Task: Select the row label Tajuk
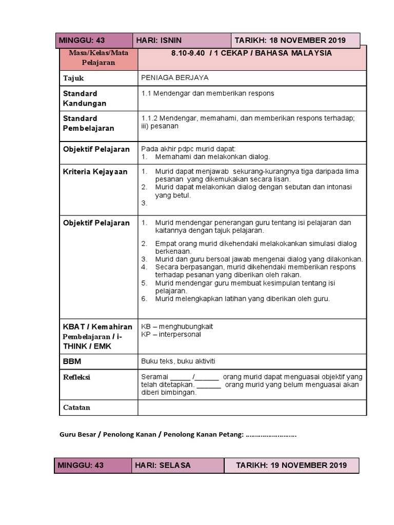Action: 73,78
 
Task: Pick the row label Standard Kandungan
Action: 85,98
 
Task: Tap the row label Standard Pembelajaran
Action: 88,124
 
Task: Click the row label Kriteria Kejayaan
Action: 95,171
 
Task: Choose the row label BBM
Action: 72,361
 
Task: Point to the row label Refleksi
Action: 76,377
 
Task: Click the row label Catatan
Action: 76,408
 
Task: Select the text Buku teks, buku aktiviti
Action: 178,361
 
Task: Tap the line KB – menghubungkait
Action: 177,326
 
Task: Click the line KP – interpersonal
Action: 171,334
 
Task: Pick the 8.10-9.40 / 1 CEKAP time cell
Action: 252,53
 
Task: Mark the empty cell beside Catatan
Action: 252,408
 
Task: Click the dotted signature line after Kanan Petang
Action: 271,435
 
